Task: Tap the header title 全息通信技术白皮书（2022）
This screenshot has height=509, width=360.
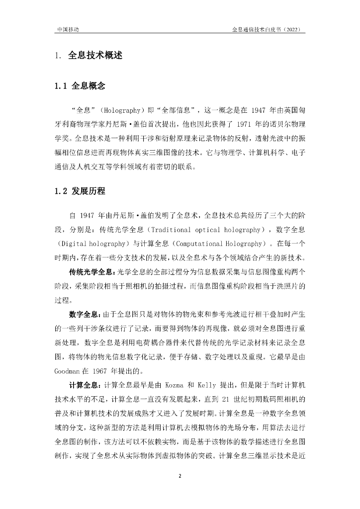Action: click(269, 29)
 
